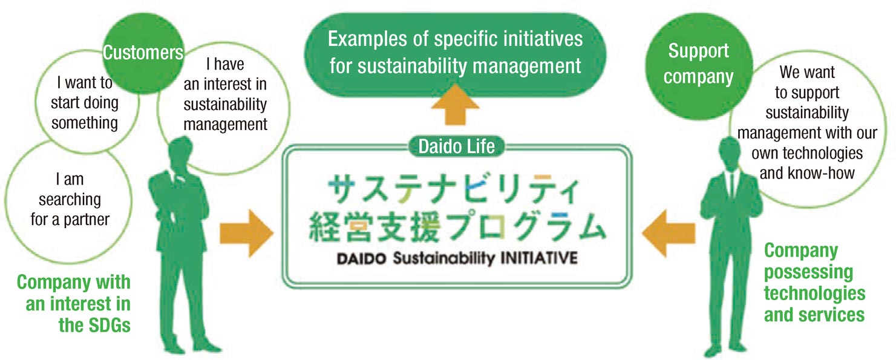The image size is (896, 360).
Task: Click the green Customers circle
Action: point(143,53)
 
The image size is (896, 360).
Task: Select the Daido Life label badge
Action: point(456,146)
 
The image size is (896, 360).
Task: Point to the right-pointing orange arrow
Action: point(246,233)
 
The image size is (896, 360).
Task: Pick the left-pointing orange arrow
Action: point(669,233)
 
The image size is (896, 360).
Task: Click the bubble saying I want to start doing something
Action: point(87,102)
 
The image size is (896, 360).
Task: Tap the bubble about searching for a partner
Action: point(69,200)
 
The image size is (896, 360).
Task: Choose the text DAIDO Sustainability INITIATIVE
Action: point(457,258)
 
